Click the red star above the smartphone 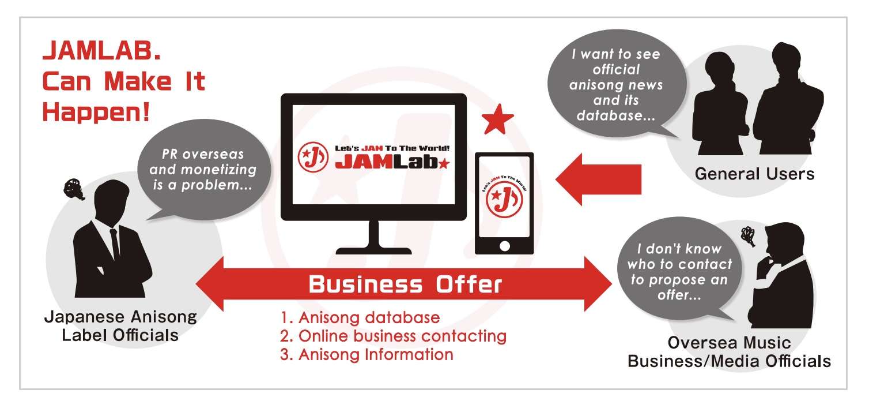(498, 120)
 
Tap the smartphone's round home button (504, 245)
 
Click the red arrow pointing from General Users (599, 179)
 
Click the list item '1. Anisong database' (360, 317)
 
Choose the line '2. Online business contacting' (394, 336)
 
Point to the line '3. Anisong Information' (367, 354)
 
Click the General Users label (754, 174)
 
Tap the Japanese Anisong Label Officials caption (120, 325)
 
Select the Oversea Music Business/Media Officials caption (729, 352)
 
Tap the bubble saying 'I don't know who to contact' (679, 272)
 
